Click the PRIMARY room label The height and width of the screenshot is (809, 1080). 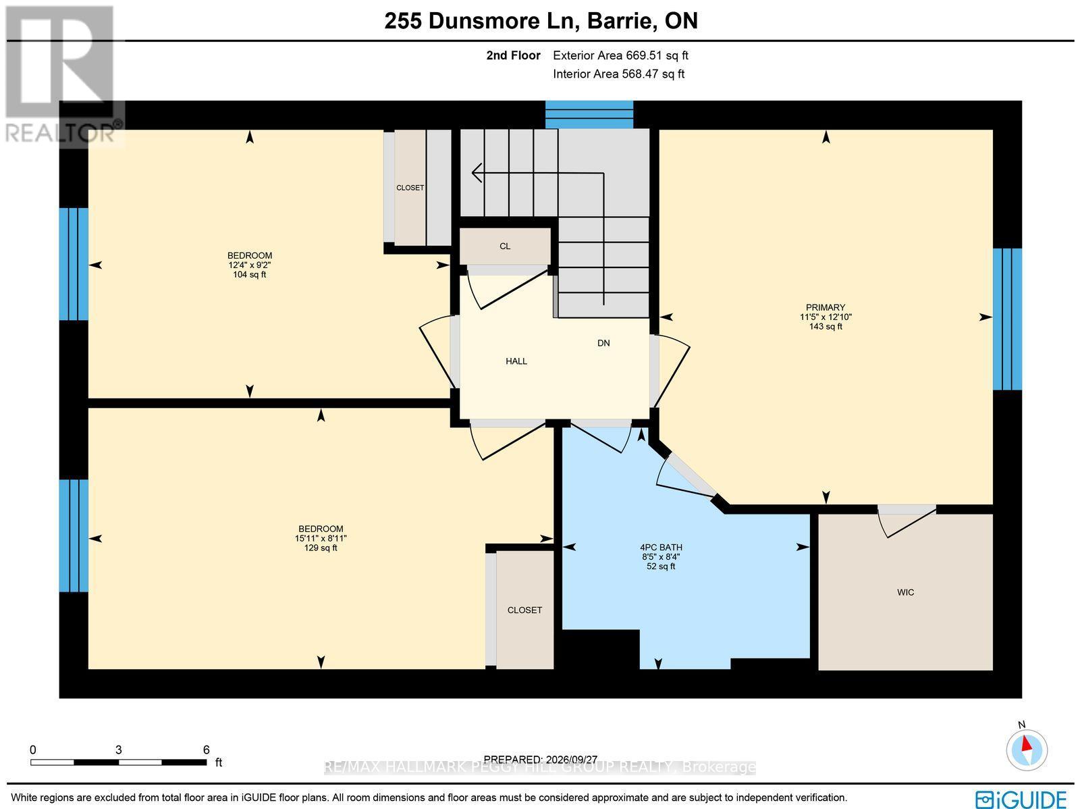coord(825,307)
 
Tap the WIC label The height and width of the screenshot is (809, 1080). coord(905,592)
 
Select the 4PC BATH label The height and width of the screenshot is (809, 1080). coord(661,547)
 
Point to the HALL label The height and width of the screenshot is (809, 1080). coord(516,361)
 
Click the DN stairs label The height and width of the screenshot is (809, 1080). coord(603,343)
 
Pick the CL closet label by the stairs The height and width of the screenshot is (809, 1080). coord(505,246)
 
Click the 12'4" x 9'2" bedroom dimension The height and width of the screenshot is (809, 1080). coord(250,265)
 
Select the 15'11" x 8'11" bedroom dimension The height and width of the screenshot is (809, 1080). coord(321,538)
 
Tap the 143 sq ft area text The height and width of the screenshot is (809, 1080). coord(826,326)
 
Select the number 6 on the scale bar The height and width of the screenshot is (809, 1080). coord(206,750)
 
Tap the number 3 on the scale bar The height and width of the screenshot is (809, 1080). coord(119,750)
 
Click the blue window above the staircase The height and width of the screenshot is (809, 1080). coord(589,114)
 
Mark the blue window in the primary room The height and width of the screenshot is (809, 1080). coord(1007,319)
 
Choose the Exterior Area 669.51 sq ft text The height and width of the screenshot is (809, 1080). coord(620,55)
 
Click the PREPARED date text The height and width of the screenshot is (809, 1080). coord(540,760)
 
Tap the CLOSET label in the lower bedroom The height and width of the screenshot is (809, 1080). coord(524,610)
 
